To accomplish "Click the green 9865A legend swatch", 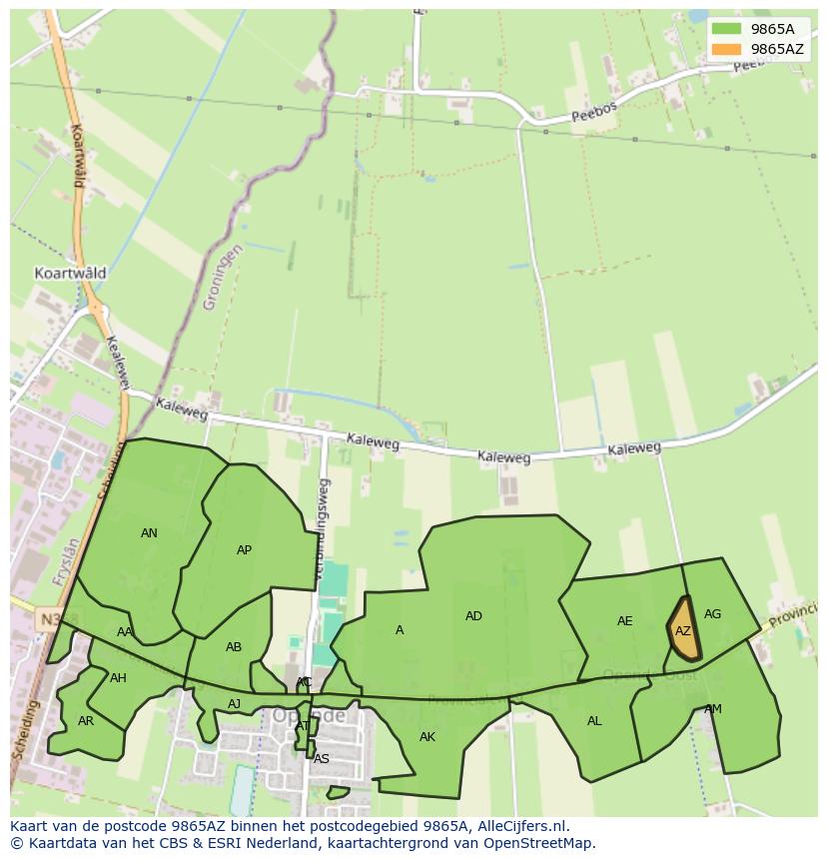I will pos(726,29).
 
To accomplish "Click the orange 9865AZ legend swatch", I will pos(726,49).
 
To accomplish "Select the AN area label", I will pos(149,533).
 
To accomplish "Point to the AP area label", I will pos(244,550).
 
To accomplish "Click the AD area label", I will pos(473,616).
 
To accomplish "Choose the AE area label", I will pos(624,621).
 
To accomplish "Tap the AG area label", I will pos(712,614).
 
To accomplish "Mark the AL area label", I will pos(594,721).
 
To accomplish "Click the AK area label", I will pos(427,737).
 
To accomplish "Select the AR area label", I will pos(86,721).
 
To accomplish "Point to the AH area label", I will pos(118,678).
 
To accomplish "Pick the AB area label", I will pos(234,647).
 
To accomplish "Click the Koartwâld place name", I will pos(70,273).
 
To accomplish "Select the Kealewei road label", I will pos(118,363).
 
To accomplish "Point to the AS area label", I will pos(321,759).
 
